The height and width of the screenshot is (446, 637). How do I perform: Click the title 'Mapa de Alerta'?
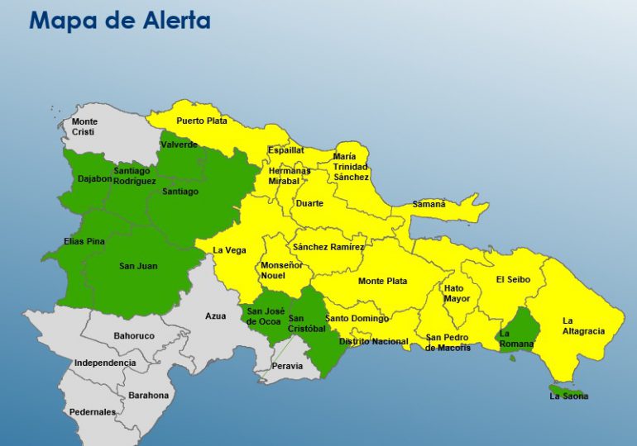(x=120, y=20)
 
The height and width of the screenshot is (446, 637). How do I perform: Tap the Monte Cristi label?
(x=84, y=127)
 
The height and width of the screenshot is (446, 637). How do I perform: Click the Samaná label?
(x=429, y=204)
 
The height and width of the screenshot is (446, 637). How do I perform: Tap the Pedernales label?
(x=93, y=411)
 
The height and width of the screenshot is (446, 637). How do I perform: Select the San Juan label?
(x=138, y=266)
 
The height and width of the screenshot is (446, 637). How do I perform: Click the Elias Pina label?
(x=84, y=242)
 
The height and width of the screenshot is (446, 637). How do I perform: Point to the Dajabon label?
(x=94, y=178)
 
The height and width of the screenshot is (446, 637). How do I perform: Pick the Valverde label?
(x=180, y=145)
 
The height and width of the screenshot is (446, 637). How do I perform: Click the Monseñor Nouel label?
(x=282, y=271)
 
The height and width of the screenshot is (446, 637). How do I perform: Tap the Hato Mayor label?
(x=457, y=293)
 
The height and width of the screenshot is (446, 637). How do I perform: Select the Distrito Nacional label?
(x=374, y=341)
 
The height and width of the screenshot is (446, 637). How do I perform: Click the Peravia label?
(x=287, y=366)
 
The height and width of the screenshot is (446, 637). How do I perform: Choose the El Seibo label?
(x=513, y=279)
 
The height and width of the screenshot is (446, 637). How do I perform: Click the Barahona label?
(x=148, y=395)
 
